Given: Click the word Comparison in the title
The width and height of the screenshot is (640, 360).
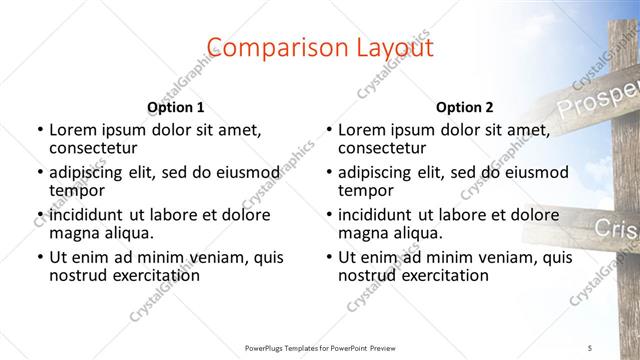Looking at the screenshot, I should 266,47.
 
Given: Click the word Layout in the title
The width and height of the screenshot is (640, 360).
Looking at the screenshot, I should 391,47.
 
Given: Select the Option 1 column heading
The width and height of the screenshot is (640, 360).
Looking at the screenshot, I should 176,106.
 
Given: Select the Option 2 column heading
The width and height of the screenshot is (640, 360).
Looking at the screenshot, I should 464,106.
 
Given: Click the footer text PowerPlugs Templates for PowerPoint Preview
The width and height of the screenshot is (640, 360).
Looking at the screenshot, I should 320,347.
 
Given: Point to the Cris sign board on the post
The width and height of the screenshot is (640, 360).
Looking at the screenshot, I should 615,229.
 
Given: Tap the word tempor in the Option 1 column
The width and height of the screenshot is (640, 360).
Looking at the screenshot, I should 77,190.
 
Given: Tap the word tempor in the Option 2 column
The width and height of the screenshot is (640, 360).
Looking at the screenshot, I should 366,190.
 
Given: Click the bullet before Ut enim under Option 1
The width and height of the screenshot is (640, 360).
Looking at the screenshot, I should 39,258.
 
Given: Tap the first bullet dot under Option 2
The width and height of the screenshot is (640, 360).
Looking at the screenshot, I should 328,130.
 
